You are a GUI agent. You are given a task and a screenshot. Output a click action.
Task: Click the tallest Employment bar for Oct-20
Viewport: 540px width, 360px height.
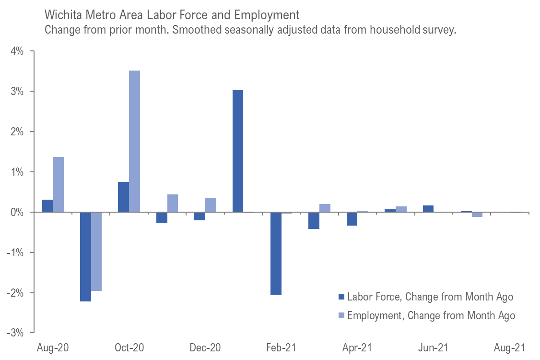[x=134, y=142]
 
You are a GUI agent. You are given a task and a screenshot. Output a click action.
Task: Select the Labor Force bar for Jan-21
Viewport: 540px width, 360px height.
[x=238, y=151]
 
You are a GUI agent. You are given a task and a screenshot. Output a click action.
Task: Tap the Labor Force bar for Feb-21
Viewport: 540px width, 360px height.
[x=276, y=253]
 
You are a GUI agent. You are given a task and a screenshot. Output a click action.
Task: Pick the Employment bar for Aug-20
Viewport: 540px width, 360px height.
[x=58, y=185]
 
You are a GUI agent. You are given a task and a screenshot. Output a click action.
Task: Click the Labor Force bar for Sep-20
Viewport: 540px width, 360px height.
[x=85, y=257]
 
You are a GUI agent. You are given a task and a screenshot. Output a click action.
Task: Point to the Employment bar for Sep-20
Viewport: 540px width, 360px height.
[x=96, y=252]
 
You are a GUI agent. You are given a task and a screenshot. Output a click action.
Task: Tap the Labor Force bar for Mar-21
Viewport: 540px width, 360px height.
[x=314, y=220]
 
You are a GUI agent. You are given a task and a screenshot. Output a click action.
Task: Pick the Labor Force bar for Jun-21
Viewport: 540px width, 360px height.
[x=428, y=209]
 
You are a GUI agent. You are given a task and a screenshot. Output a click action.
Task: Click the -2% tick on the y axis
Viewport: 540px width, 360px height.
[x=22, y=293]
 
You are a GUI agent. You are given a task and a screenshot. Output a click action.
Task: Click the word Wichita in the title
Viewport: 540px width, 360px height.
[x=62, y=13]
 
